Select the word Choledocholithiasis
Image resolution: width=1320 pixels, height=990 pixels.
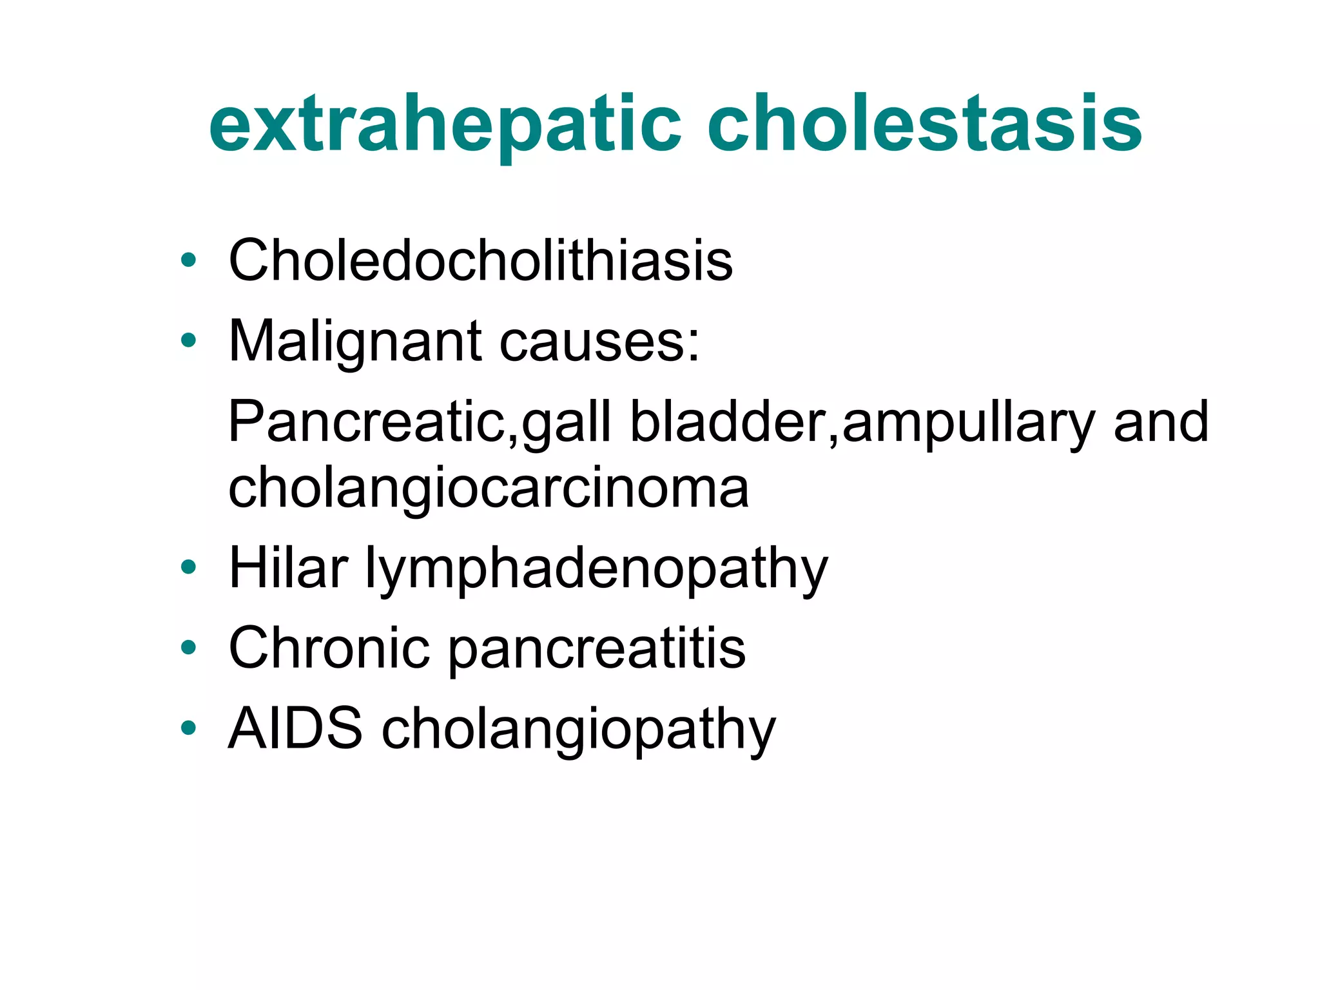[481, 260]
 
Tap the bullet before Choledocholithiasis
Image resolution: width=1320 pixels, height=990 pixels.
[188, 260]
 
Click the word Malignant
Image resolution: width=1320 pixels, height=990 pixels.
[355, 342]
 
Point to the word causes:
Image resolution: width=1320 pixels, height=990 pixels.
[599, 342]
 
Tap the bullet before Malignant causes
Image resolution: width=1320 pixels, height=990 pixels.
[188, 340]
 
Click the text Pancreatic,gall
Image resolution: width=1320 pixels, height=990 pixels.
[419, 422]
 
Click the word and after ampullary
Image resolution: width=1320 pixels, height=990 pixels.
[1160, 422]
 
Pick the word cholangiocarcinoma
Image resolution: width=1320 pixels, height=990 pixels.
[489, 488]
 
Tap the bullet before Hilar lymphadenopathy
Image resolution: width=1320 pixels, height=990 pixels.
[188, 567]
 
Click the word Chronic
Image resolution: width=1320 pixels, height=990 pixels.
[329, 648]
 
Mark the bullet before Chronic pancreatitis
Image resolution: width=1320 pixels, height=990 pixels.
[188, 647]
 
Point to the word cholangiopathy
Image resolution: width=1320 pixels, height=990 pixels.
[579, 730]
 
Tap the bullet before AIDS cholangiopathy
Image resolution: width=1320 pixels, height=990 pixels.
[188, 728]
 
